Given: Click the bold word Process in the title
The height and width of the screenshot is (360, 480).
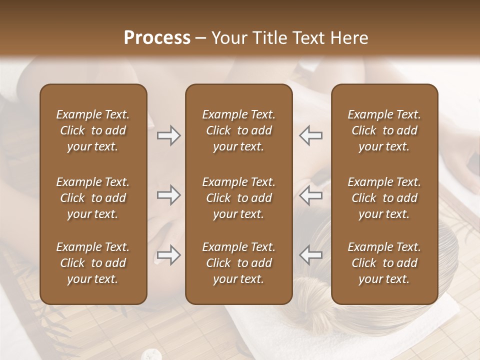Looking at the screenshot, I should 157,38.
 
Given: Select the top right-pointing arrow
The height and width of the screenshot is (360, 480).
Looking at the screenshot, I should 168,135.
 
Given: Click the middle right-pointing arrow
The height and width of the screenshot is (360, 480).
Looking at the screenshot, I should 168,195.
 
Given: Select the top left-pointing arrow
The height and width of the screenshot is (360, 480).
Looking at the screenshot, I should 311,135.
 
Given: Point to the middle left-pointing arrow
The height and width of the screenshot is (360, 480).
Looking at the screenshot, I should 311,195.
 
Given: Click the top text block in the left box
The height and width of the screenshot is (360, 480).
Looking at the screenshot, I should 93,130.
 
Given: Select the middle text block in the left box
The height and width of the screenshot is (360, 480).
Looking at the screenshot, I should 93,198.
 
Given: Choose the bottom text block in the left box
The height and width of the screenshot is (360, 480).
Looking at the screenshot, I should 93,263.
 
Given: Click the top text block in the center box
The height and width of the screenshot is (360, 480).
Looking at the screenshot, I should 238,130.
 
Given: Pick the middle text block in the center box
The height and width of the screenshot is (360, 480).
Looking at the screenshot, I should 238,198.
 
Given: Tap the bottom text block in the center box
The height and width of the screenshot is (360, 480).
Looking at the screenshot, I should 238,263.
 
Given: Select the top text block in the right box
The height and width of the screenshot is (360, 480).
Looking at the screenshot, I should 384,130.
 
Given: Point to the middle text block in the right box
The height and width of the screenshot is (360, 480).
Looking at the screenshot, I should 384,198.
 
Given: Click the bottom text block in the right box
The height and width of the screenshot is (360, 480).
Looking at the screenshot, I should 384,263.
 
